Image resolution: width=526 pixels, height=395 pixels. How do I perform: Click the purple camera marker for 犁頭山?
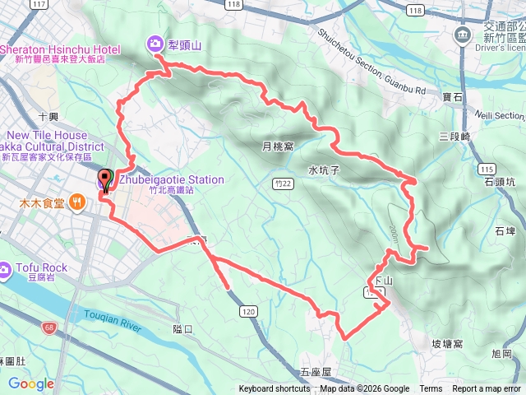[x=154, y=44]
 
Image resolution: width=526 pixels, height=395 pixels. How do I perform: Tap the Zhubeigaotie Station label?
[x=171, y=179]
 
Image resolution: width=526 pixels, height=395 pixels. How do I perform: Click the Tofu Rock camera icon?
[x=6, y=269]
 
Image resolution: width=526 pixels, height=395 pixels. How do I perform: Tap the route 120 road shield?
[x=248, y=312]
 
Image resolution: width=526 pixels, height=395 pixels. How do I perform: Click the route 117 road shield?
[x=38, y=5]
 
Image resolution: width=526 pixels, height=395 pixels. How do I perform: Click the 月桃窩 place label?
[x=277, y=146]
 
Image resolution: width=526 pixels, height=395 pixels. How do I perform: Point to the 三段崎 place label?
[x=454, y=136]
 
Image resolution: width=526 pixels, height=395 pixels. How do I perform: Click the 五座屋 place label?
[x=315, y=372]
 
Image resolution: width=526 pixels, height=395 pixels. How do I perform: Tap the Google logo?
[x=31, y=383]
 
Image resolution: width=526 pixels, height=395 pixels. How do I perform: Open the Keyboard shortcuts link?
[x=275, y=389]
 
